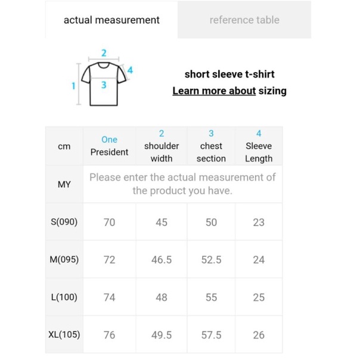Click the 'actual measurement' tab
click(111, 20)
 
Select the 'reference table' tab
click(244, 20)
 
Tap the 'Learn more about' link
click(214, 91)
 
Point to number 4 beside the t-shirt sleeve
click(130, 70)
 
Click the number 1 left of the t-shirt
click(74, 86)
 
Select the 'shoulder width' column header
click(162, 146)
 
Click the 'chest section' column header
click(211, 146)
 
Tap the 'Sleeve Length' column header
click(259, 146)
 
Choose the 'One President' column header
click(109, 146)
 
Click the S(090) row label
click(64, 222)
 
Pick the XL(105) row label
click(64, 334)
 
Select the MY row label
click(64, 184)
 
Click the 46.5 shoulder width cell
click(162, 260)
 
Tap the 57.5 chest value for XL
click(211, 335)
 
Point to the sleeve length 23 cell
click(259, 222)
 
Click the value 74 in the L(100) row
click(109, 297)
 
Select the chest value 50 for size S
click(211, 222)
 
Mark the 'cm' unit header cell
click(64, 146)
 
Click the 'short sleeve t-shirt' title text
click(229, 75)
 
